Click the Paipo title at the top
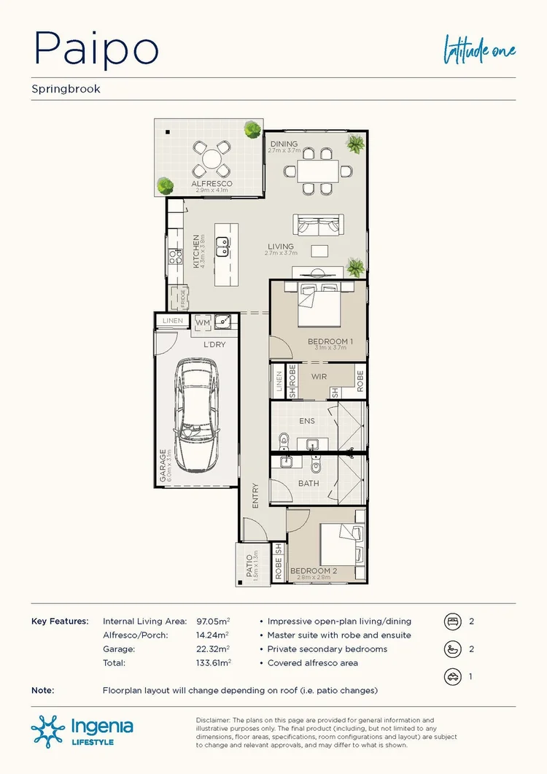coord(96,48)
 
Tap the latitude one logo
coord(480,50)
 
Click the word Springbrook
coord(66,89)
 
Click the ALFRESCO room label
coord(212,184)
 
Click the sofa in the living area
coord(318,225)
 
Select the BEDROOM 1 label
coord(330,341)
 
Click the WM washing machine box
coord(202,321)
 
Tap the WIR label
coord(319,377)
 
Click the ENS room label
coord(307,421)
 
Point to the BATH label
coord(309,483)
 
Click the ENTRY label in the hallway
coord(255,497)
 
